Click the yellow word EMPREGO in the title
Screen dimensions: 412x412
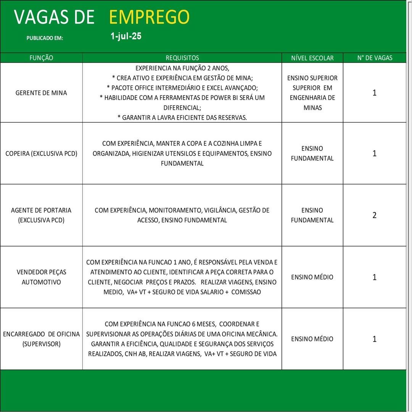(x=149, y=17)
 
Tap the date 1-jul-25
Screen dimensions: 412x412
(x=126, y=37)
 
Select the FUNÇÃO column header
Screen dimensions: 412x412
(x=41, y=58)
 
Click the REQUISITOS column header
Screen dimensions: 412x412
(x=182, y=58)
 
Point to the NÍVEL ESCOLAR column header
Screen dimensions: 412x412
(x=312, y=58)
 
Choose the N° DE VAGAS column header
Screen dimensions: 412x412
(x=375, y=58)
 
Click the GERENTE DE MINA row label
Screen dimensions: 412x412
(x=41, y=93)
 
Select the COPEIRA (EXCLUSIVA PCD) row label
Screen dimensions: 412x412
(x=41, y=153)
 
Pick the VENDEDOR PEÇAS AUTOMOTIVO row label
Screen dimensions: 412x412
(x=41, y=277)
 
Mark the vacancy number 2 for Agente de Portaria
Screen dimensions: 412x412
(x=374, y=215)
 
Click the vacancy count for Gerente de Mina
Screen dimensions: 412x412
(x=374, y=93)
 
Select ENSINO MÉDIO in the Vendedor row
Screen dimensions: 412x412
(x=312, y=277)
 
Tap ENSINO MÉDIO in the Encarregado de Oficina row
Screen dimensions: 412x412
(x=312, y=339)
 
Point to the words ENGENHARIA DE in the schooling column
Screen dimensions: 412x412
(x=312, y=98)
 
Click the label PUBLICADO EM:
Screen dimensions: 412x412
(x=45, y=38)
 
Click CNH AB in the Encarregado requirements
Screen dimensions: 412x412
(x=135, y=354)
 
